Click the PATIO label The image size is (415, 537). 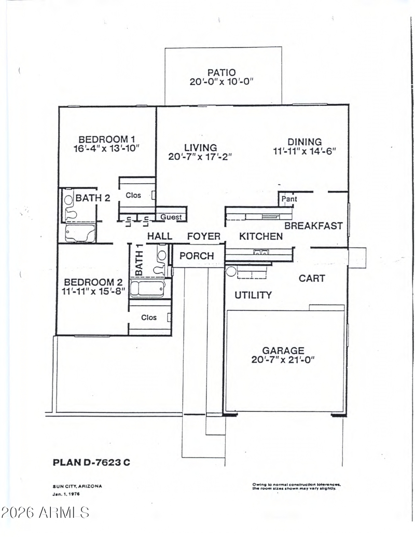coord(222,73)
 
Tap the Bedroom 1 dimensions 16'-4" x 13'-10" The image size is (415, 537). coord(106,148)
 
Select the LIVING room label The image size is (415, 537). coord(201,147)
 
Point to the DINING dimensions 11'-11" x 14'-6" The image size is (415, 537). coord(305,150)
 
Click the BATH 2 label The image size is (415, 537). coord(93,198)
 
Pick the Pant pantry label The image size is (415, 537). coord(289,199)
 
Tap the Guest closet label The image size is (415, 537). coord(171,217)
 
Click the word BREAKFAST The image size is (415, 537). coord(314,226)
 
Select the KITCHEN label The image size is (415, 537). coord(261,236)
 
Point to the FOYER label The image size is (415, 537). coord(204,236)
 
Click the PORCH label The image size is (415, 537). coord(197,256)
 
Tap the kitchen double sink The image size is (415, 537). coord(261,252)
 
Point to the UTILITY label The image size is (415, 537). coord(253,295)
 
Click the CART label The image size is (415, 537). coord(312,278)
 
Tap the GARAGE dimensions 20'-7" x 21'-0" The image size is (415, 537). coord(283,360)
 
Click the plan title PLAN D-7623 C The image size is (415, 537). coord(91,462)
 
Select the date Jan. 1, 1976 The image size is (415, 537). coord(66,494)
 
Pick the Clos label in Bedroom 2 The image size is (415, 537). coord(149,318)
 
